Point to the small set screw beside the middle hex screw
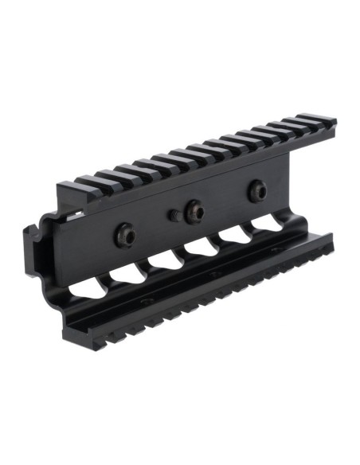pyautogui.click(x=173, y=214)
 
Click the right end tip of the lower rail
pyautogui.click(x=330, y=236)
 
